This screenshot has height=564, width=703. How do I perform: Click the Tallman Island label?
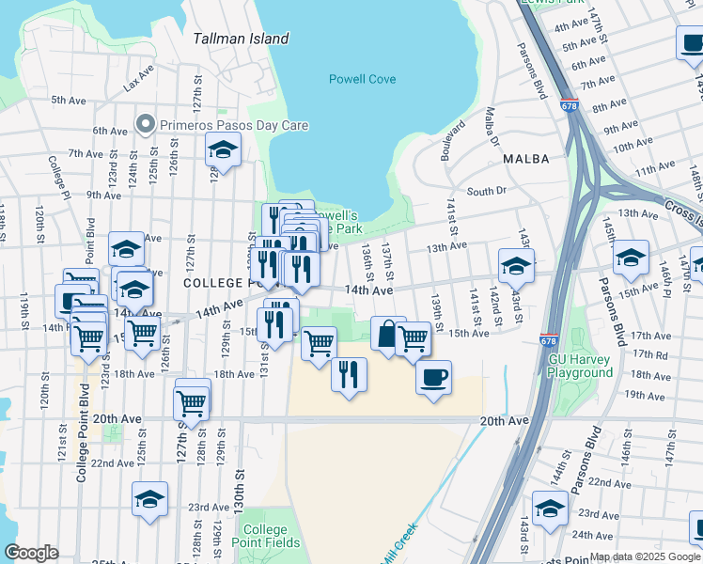click(x=241, y=39)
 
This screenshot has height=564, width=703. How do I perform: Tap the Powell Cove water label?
click(x=362, y=80)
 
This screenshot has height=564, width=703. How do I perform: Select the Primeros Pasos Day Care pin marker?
click(x=145, y=124)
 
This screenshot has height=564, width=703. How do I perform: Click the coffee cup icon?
click(x=433, y=378)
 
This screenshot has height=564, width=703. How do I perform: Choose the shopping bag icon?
click(x=388, y=334)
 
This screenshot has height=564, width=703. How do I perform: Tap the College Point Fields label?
click(x=272, y=536)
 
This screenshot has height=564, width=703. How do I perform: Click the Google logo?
click(x=31, y=553)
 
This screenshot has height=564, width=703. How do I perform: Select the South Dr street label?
click(x=486, y=191)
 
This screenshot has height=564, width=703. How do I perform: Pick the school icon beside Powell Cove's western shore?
click(x=224, y=149)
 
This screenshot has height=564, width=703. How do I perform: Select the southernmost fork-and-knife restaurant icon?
click(x=349, y=375)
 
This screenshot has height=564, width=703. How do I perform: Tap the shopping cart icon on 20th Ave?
click(x=192, y=403)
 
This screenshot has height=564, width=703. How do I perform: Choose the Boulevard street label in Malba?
click(x=456, y=140)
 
